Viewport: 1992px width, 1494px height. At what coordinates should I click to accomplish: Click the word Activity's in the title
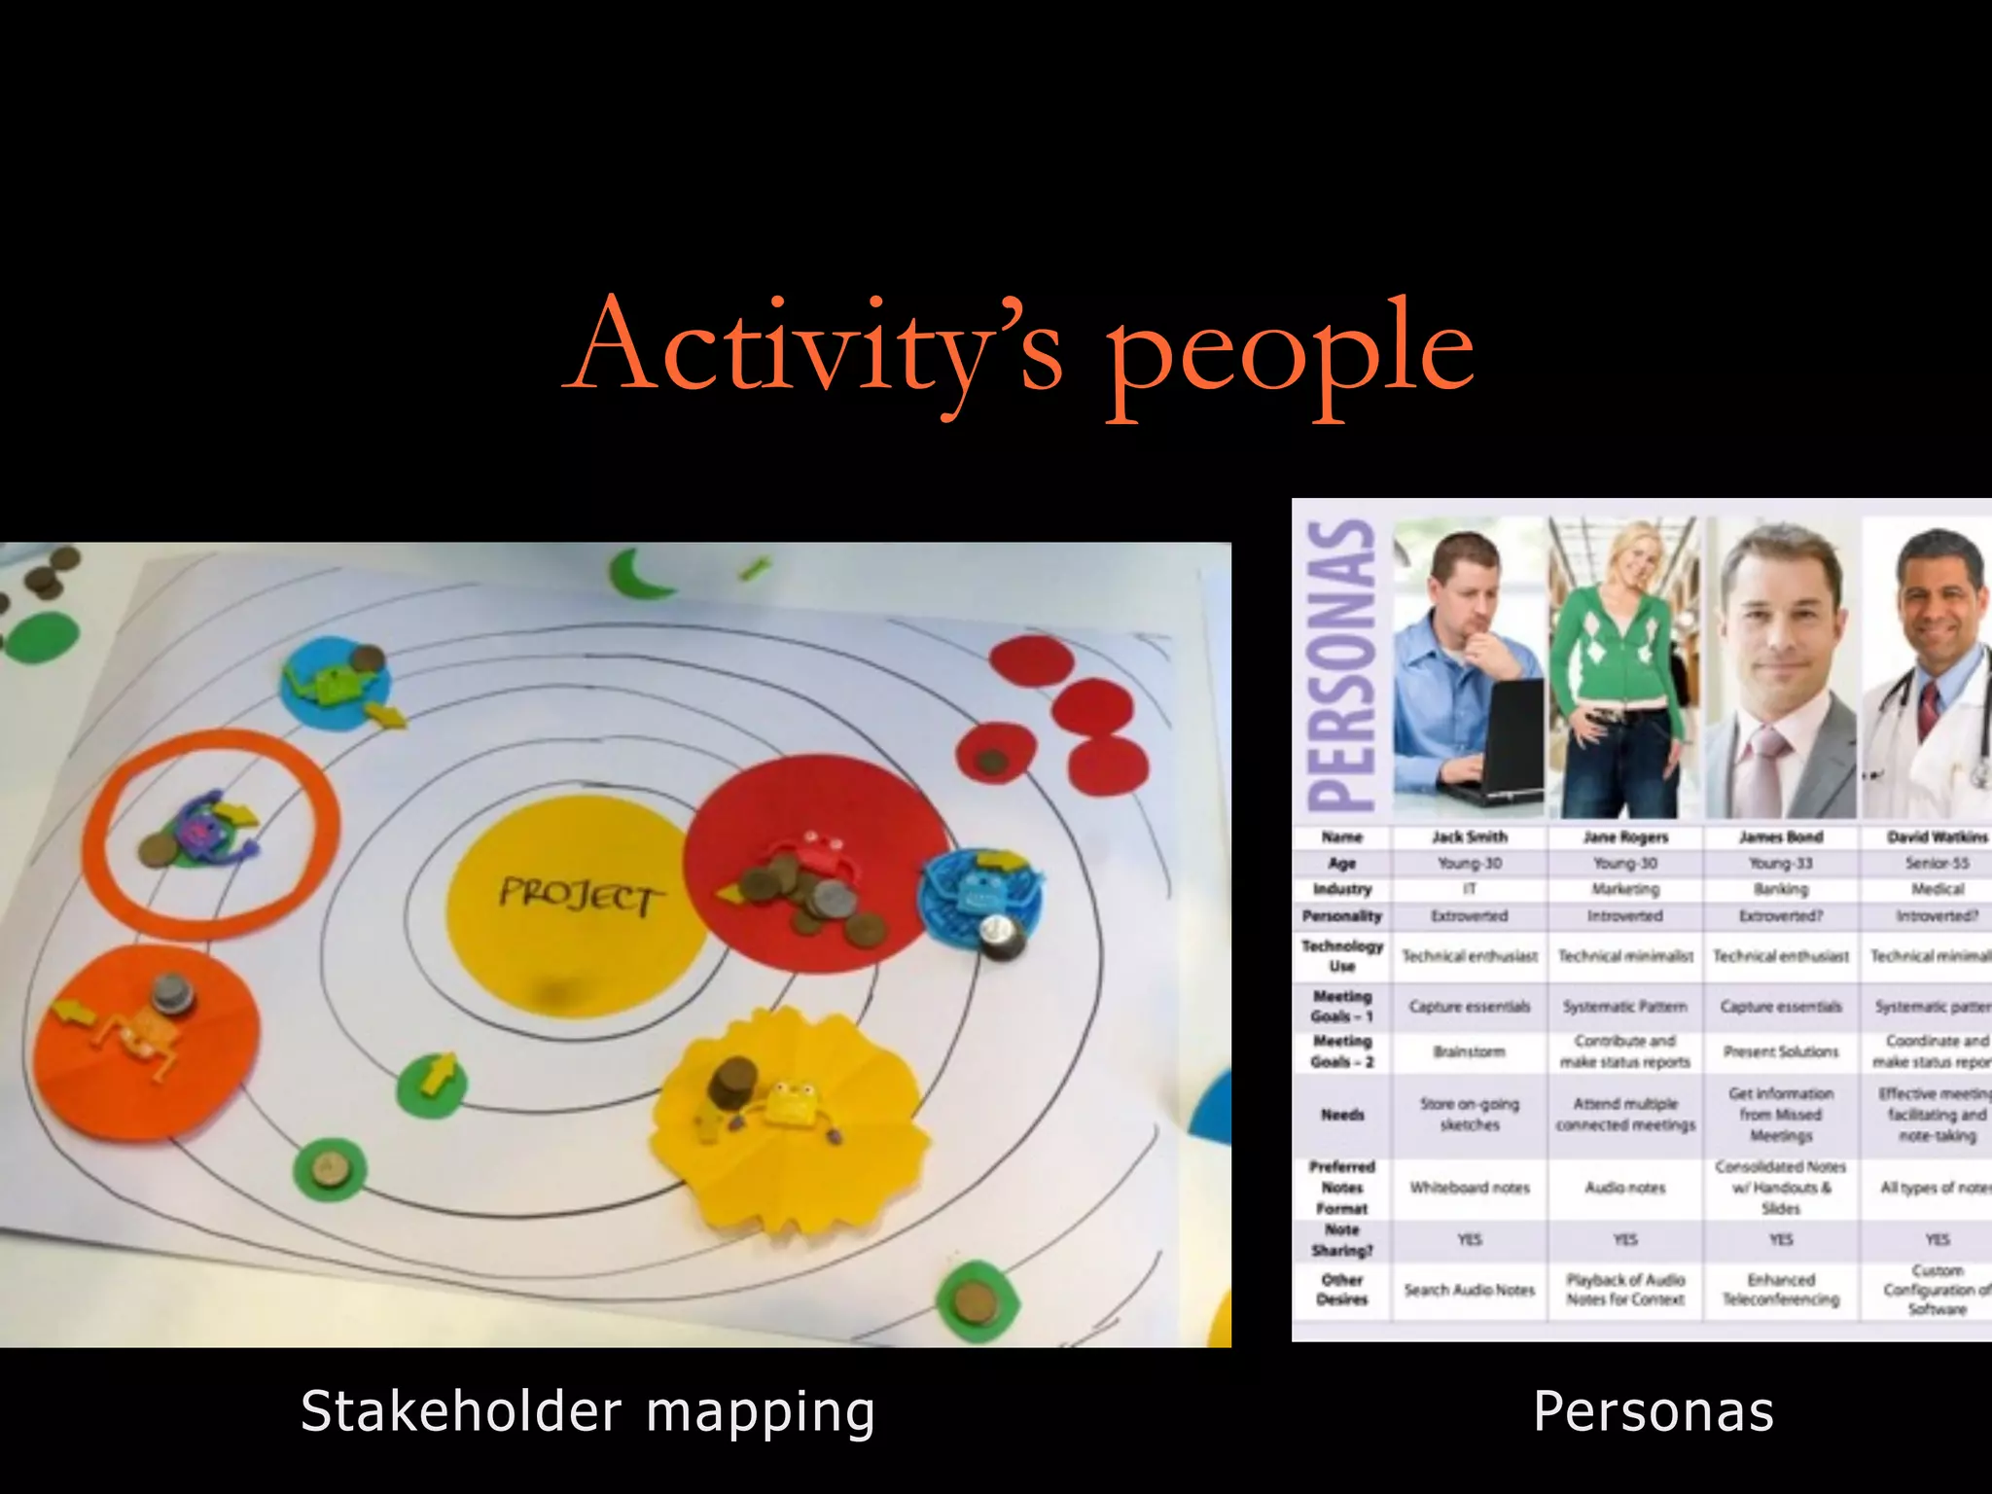817,350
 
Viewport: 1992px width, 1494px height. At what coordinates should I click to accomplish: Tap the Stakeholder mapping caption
587,1412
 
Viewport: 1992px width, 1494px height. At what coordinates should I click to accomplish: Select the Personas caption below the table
1654,1412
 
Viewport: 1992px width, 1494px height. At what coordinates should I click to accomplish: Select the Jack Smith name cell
1469,836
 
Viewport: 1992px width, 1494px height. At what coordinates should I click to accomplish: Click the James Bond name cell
1781,836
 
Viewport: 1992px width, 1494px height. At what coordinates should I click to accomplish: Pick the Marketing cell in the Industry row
1624,889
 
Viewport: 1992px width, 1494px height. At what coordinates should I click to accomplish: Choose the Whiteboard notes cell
1469,1188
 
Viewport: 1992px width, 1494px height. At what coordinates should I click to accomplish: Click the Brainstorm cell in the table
1469,1051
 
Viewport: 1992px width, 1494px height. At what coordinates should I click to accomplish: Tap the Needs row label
1342,1115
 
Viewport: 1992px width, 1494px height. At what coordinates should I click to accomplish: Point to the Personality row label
1342,916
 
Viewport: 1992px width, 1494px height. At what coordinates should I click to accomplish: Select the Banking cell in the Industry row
1781,889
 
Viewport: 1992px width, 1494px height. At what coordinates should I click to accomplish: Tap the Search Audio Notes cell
1469,1290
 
